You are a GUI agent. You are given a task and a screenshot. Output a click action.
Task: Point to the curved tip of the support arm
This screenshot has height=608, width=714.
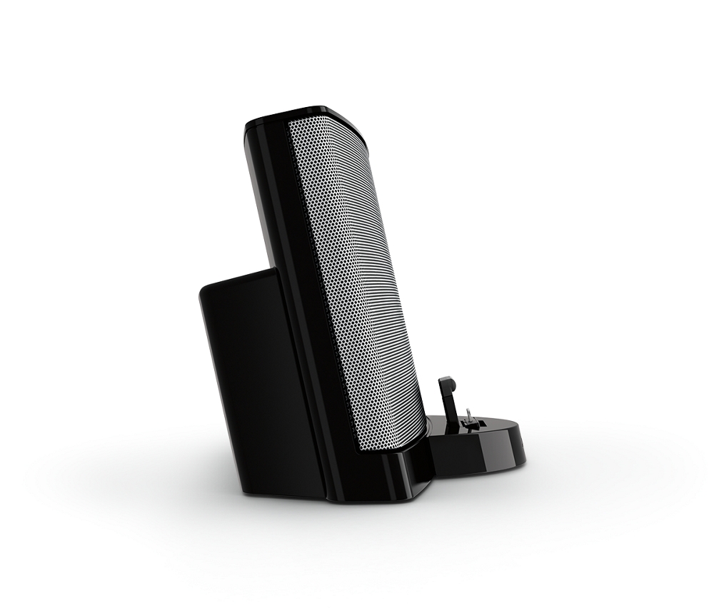(446, 381)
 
